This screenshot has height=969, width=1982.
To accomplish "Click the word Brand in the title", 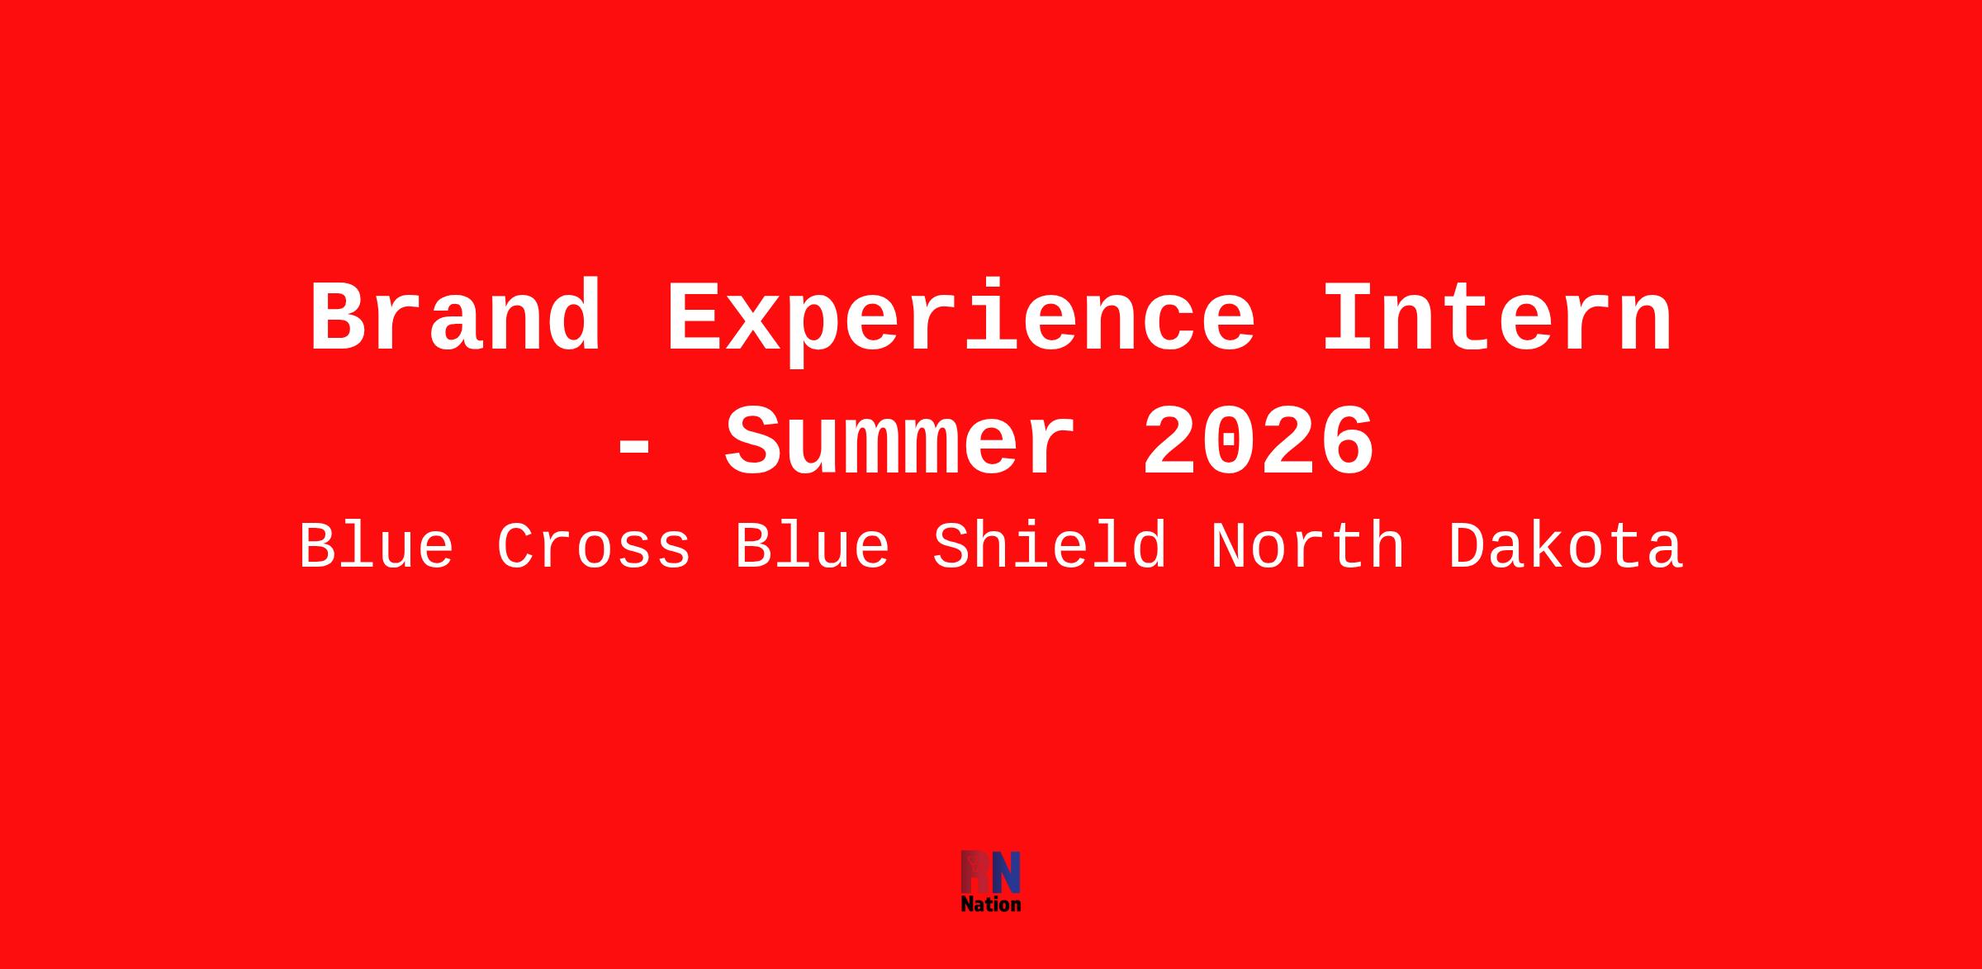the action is point(455,318).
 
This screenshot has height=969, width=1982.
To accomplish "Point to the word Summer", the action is point(900,442).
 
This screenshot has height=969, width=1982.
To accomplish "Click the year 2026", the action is point(1259,442).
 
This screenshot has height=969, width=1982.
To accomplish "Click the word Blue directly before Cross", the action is point(377,546).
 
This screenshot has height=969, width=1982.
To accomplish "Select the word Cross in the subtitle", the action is point(594,546).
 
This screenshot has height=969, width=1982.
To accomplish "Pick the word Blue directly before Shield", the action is point(813,546).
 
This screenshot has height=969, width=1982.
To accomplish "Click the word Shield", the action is point(1050,546).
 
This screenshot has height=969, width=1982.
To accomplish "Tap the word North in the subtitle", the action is point(1307,546).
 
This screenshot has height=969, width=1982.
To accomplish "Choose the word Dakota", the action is point(1566,546).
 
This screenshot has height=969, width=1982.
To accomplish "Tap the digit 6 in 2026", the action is point(1347,442).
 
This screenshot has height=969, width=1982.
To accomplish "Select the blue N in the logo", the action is point(1006,872).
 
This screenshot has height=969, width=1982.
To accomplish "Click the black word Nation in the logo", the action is point(991,905).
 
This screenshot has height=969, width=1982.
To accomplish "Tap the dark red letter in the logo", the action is point(975,872).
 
